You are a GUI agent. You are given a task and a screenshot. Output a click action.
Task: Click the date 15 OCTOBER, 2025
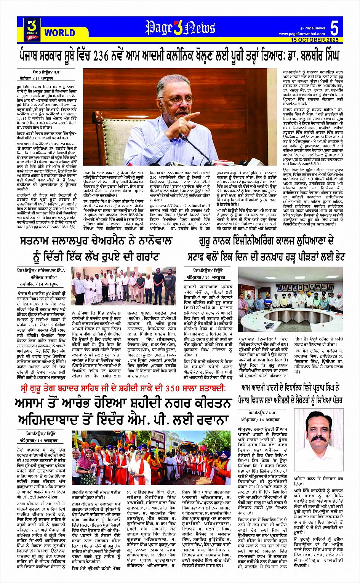[315, 40]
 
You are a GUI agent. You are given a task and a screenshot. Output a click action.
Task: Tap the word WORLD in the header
[59, 33]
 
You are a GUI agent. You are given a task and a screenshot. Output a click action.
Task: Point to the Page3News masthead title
[180, 28]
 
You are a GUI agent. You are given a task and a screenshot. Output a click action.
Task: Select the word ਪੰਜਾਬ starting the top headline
[32, 56]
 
